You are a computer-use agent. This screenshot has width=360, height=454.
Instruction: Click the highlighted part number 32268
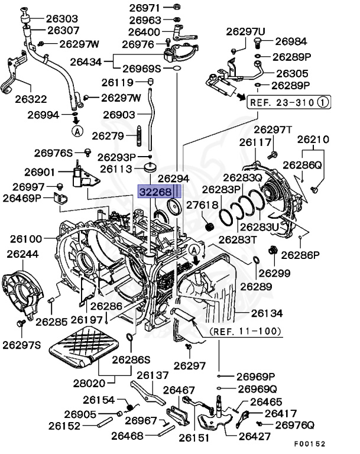(156, 192)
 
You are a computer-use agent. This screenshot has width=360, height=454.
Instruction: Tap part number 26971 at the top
(145, 8)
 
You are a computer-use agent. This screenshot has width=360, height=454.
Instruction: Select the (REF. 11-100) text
(245, 331)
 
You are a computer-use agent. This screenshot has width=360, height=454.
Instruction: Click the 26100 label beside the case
(26, 239)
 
